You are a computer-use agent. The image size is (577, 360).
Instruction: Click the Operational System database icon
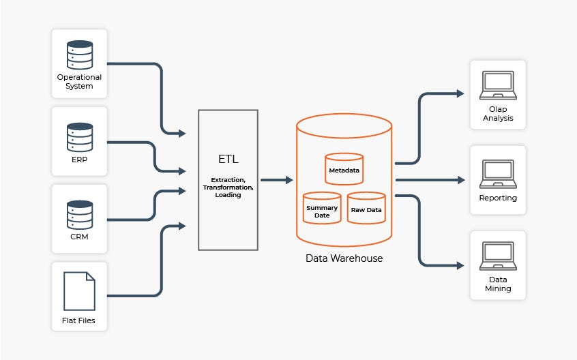[79, 54]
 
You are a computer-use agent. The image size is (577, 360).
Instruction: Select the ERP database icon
[79, 137]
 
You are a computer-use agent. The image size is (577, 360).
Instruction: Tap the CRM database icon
[79, 214]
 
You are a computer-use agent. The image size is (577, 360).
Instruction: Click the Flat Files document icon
[79, 291]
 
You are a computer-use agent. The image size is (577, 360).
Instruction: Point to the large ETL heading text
[228, 159]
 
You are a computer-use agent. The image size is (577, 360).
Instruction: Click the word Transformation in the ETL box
[228, 186]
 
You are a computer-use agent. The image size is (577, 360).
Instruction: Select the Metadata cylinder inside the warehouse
[344, 169]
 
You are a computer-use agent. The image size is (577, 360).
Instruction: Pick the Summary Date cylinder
[322, 209]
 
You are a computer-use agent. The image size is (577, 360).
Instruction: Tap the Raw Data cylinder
[366, 209]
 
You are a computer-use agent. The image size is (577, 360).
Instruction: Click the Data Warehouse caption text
[344, 258]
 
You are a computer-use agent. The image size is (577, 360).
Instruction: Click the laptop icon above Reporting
[498, 173]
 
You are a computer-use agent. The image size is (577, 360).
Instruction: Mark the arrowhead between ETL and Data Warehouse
[289, 180]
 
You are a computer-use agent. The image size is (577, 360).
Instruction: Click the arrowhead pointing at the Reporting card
[462, 180]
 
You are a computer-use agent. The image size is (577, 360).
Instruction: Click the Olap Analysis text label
[498, 114]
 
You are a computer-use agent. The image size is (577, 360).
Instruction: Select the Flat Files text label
[79, 320]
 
